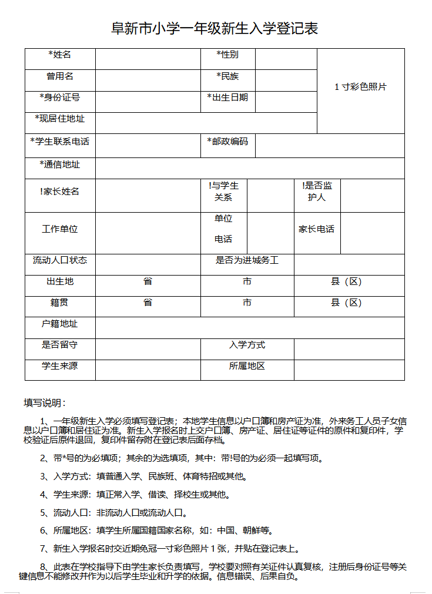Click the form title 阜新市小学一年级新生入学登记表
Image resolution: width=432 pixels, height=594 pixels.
[x=215, y=28]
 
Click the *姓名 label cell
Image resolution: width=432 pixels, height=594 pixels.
[x=60, y=55]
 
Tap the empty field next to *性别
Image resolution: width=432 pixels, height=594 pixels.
[x=286, y=59]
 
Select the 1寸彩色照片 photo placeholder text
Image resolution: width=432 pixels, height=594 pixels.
[x=361, y=87]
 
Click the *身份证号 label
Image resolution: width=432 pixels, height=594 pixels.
[x=60, y=98]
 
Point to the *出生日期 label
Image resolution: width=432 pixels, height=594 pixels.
[x=227, y=98]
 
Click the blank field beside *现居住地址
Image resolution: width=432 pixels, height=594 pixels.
[x=206, y=123]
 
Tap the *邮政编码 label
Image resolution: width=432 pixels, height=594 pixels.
[x=227, y=142]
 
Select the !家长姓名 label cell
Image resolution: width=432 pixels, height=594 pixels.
[x=60, y=192]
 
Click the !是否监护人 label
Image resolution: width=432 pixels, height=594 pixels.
[x=317, y=192]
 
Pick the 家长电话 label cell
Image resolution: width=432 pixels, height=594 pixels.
[x=317, y=229]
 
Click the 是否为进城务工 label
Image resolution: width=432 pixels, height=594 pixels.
[x=247, y=260]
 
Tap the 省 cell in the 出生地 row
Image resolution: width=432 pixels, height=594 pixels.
[x=148, y=281]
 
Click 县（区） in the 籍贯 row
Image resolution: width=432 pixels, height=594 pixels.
[x=347, y=303]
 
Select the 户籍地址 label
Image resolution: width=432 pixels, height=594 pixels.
[x=60, y=324]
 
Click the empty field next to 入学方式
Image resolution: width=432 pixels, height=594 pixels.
[x=349, y=349]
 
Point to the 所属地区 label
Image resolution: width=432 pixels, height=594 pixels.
[x=247, y=366]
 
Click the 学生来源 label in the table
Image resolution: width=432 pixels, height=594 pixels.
[x=60, y=366]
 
